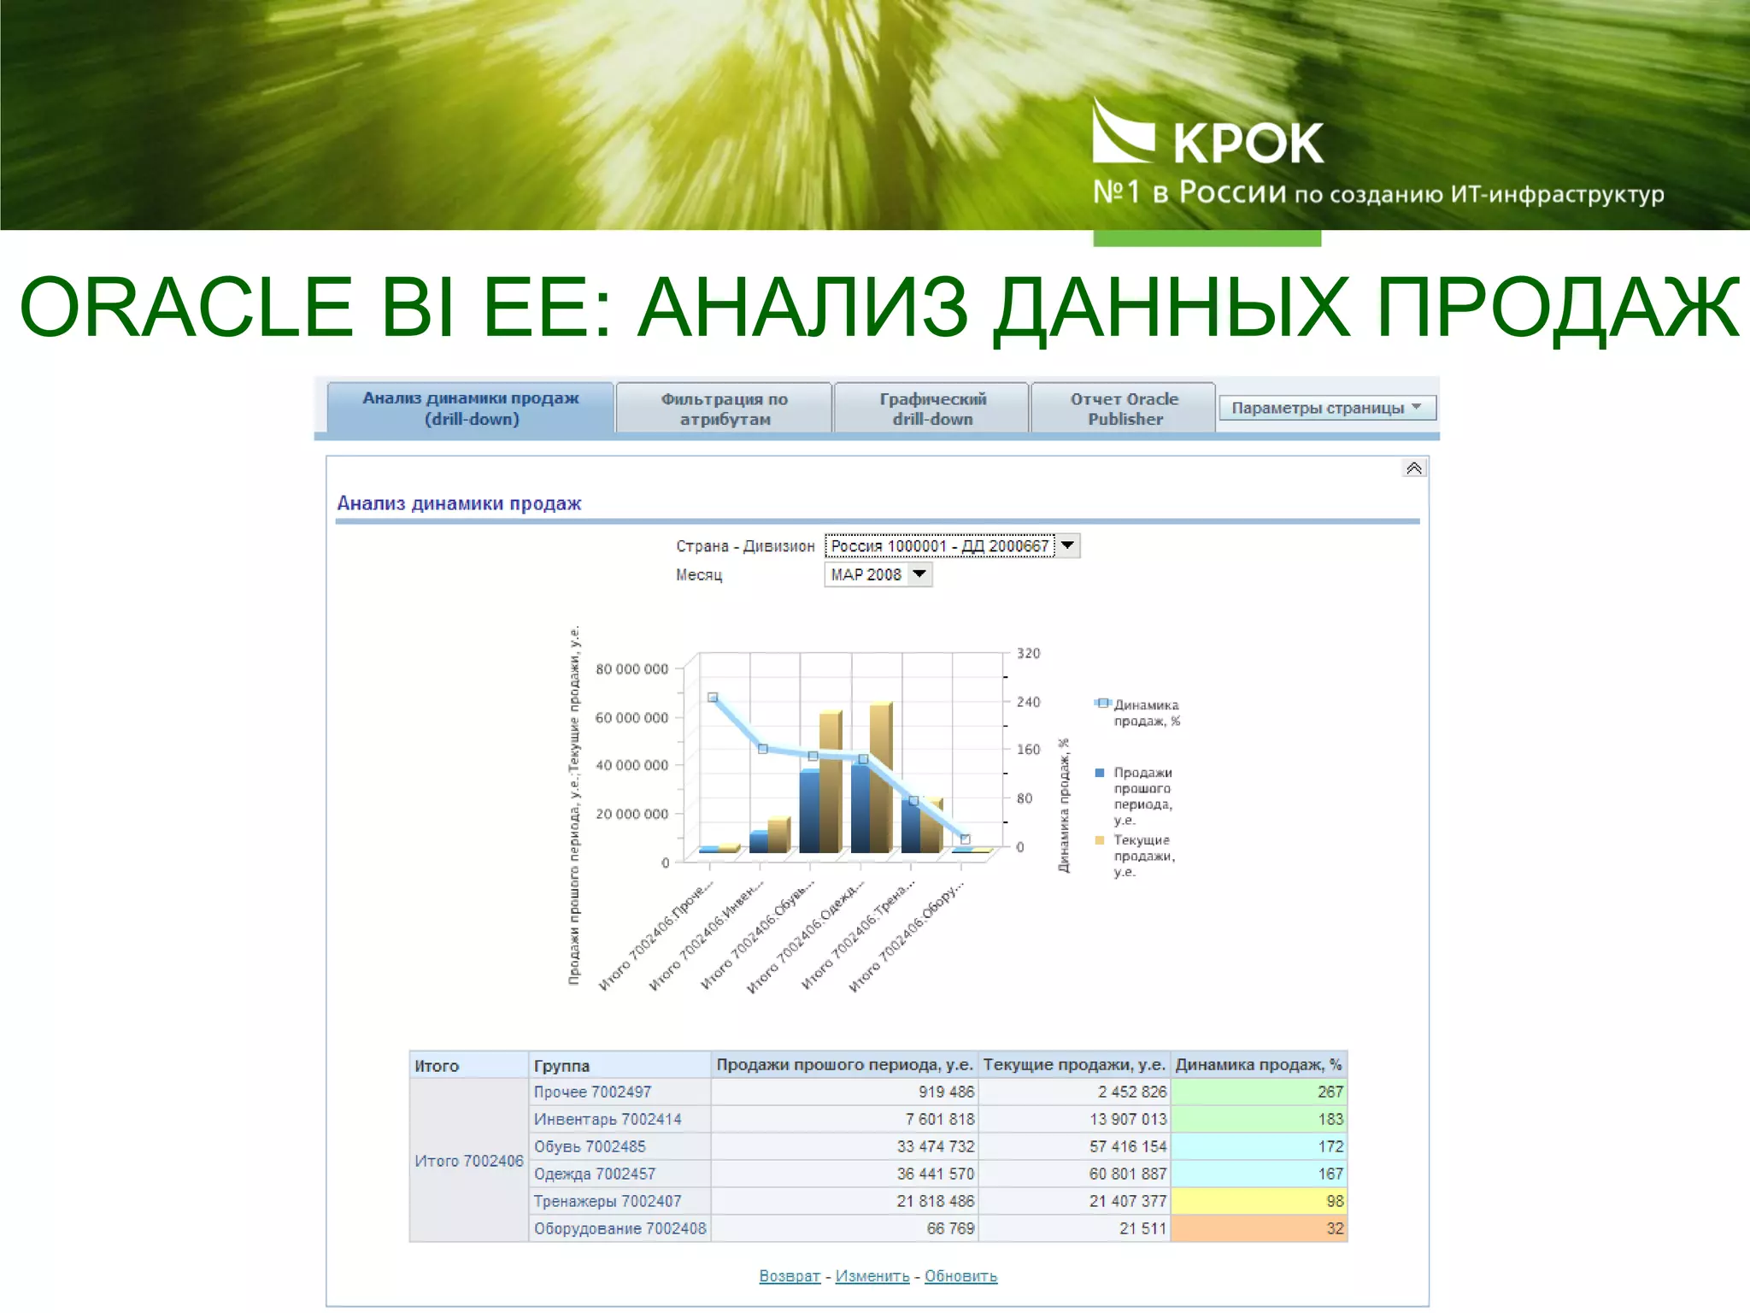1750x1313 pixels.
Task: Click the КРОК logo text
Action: (1248, 143)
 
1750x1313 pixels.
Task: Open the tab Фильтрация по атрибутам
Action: (724, 409)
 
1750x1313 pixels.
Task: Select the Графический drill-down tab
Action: (932, 409)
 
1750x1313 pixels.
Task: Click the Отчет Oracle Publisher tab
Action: (1124, 409)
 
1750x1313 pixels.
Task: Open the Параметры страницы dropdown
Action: (1326, 408)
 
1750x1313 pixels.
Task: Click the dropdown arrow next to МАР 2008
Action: (919, 574)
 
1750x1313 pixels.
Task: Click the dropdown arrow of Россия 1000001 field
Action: (1067, 545)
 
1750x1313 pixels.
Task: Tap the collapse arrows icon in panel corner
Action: (1414, 468)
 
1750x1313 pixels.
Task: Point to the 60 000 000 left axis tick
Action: (631, 717)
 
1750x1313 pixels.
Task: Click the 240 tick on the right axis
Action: (1028, 702)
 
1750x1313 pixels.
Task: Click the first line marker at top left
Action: (713, 698)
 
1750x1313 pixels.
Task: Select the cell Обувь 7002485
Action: (590, 1146)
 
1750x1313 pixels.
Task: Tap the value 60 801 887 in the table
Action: (1127, 1174)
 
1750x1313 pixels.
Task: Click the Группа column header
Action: (561, 1066)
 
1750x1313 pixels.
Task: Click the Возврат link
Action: (789, 1276)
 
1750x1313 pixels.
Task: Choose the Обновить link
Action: (960, 1276)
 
